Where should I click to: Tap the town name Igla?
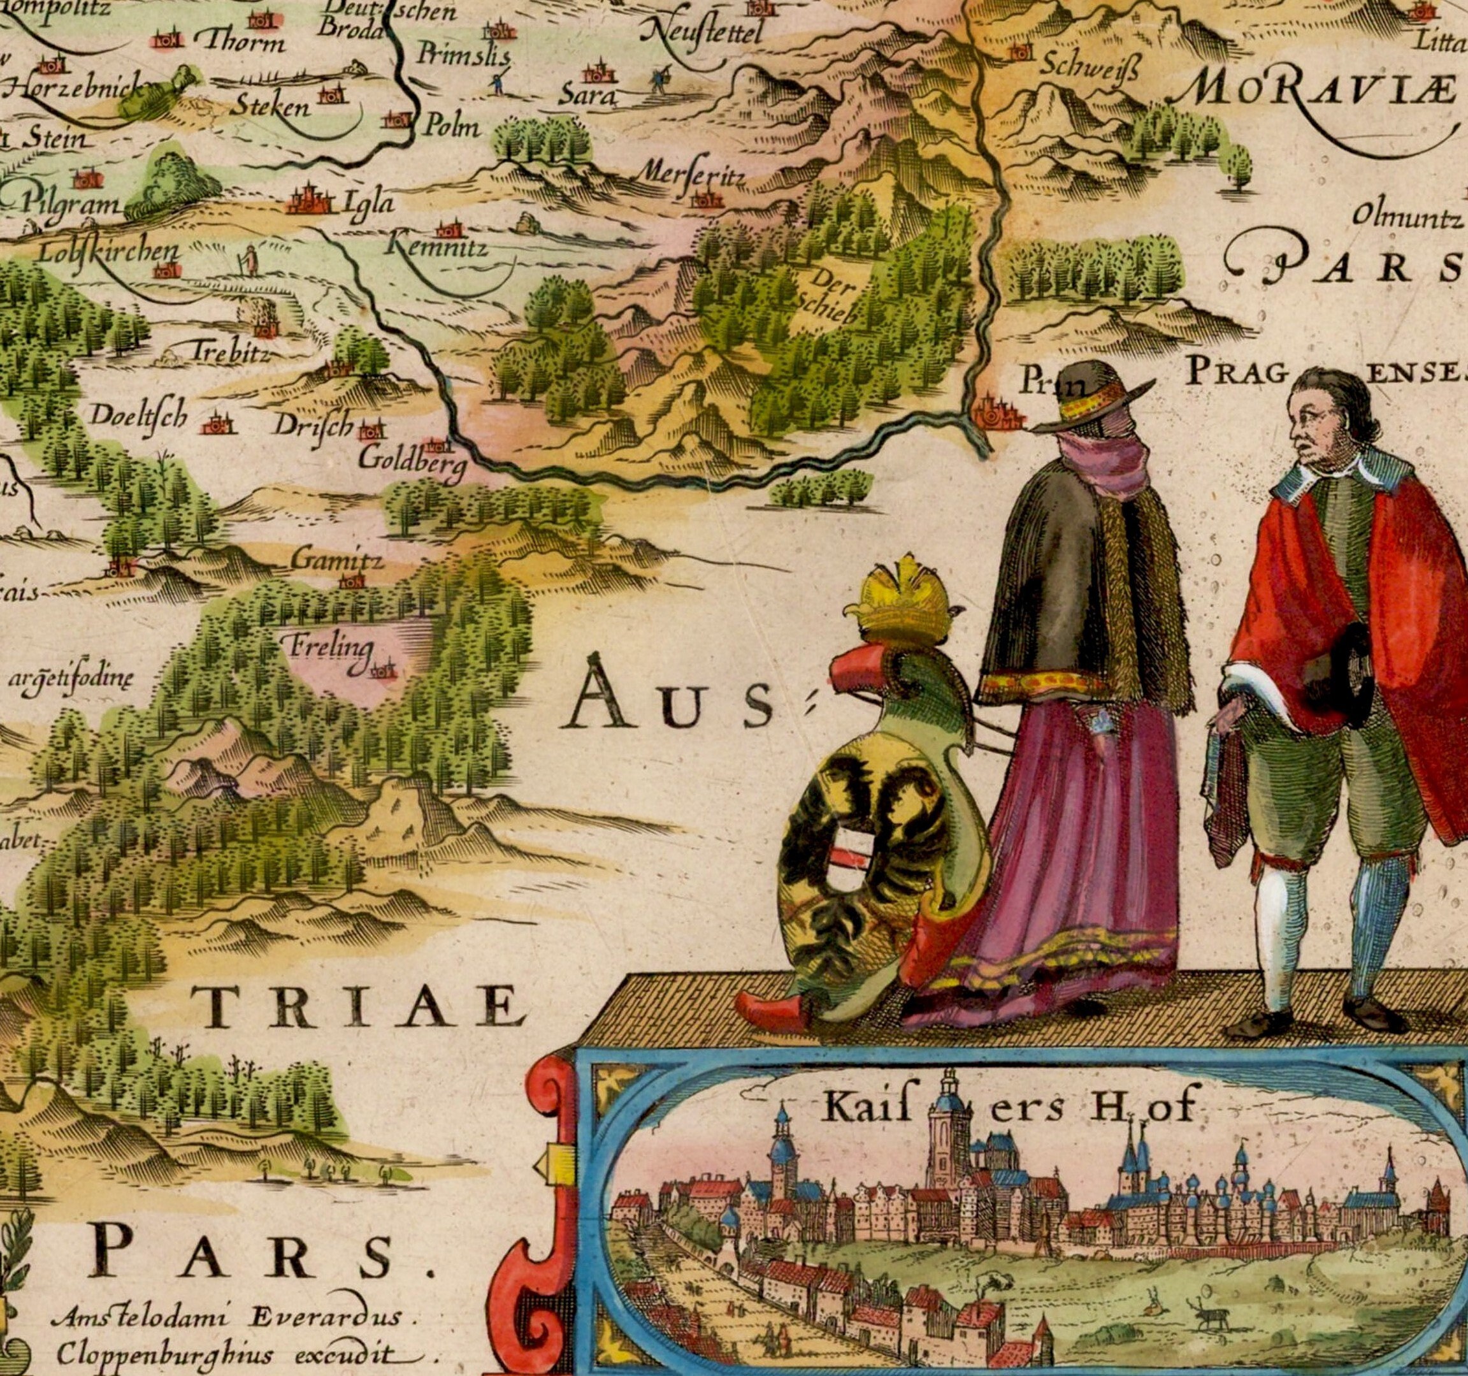pyautogui.click(x=368, y=201)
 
